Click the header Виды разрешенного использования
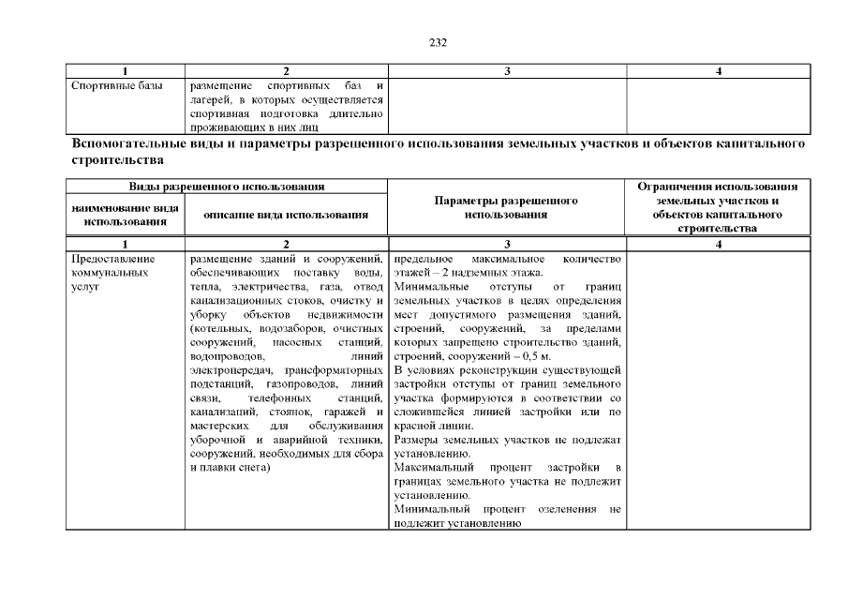point(227,187)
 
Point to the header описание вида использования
point(286,215)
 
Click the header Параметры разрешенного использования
point(506,207)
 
